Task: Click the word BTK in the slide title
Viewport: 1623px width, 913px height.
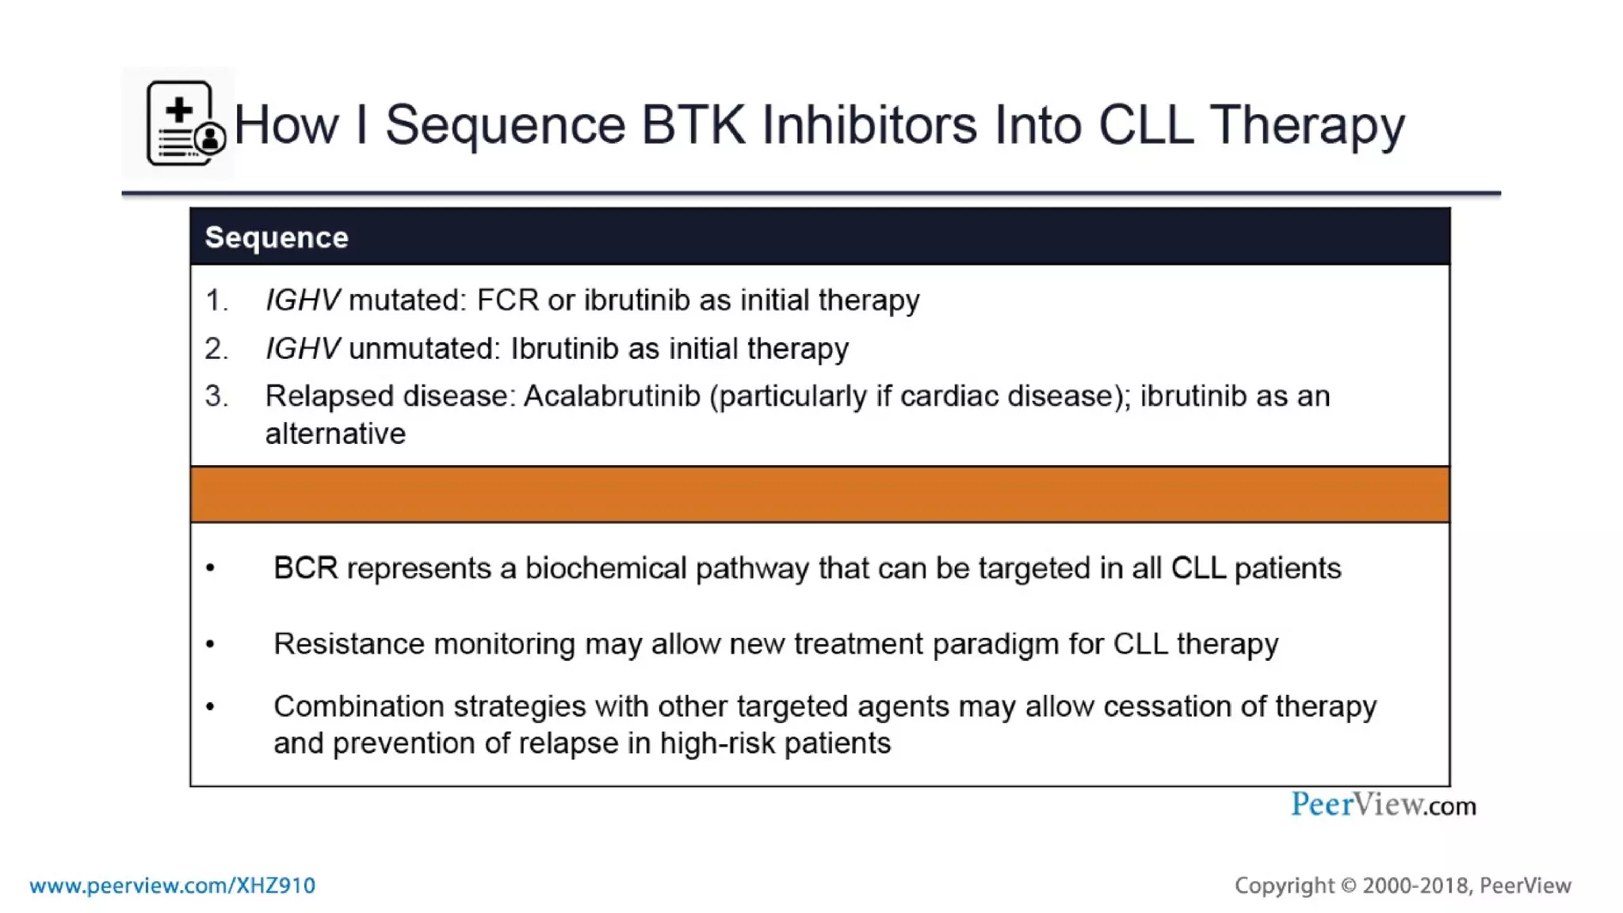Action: (x=693, y=124)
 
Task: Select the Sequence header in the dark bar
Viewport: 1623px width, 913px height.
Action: (x=277, y=238)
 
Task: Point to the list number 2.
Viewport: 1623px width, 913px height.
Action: (x=216, y=349)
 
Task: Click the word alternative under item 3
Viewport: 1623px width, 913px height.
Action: (x=335, y=434)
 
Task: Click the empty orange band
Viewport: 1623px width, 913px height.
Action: (x=819, y=495)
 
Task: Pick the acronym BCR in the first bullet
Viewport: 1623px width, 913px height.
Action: (x=305, y=568)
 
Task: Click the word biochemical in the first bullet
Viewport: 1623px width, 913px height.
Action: (x=605, y=568)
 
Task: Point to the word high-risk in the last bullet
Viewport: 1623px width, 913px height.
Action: (x=717, y=743)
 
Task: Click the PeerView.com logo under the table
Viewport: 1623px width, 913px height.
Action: (x=1383, y=805)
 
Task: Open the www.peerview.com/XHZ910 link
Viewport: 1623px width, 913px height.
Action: (x=173, y=885)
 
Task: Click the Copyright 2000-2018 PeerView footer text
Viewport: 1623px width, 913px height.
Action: (x=1402, y=885)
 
